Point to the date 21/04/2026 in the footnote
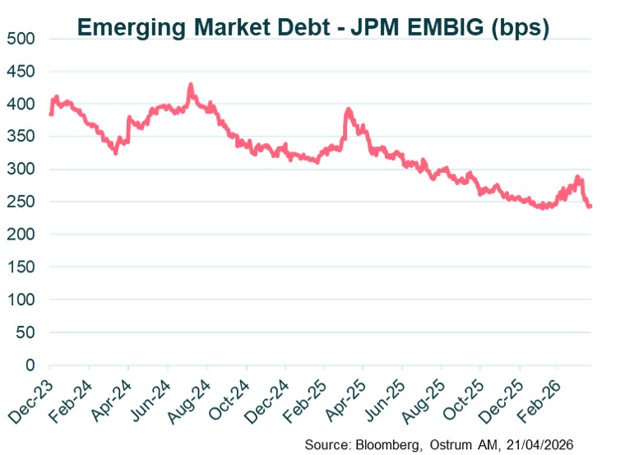coord(539,444)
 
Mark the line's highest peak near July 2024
coord(190,85)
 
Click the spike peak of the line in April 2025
coord(349,109)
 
